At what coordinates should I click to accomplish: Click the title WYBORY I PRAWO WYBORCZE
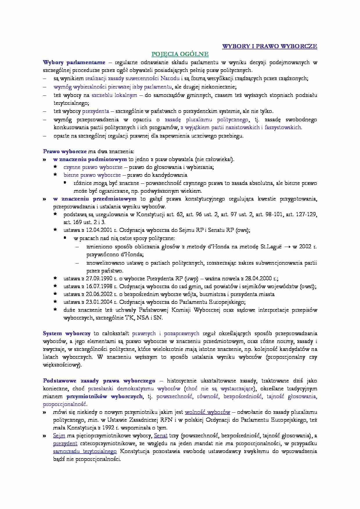269,46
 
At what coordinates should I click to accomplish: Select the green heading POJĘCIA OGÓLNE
180,54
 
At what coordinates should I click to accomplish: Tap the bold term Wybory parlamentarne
74,62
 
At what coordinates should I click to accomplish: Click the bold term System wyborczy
67,333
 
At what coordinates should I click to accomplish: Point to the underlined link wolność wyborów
207,412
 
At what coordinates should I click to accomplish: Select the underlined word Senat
161,436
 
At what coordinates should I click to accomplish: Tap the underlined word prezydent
65,443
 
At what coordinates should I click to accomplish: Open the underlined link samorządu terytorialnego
85,451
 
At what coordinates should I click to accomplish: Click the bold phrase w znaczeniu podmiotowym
90,159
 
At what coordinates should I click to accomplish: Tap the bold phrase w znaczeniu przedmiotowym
95,199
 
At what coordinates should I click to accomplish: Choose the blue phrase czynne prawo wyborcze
93,167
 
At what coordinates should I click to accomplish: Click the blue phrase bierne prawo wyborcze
92,175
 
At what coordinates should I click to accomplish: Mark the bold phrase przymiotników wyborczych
105,396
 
